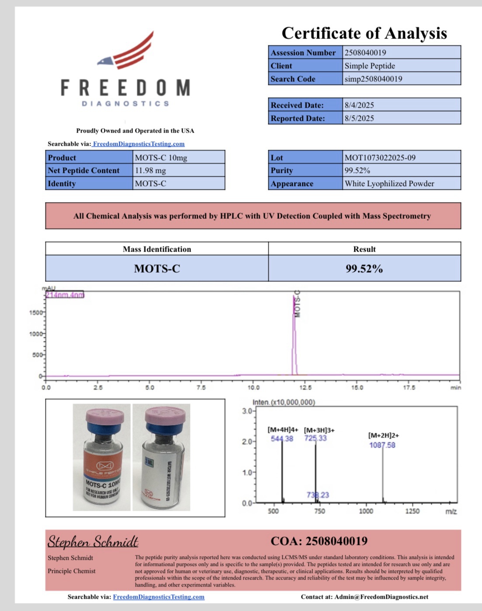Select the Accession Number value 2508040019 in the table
365,53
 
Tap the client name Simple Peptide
370,66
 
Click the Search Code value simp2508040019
373,79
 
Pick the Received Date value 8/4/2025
359,105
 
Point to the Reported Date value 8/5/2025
359,118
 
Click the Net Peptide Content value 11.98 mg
150,170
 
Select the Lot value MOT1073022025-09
380,158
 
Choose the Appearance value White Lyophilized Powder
389,183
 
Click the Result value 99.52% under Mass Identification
364,268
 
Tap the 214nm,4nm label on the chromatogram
65,295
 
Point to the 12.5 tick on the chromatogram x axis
305,387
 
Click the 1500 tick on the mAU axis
36,313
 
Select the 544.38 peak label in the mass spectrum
282,439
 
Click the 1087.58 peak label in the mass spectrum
382,445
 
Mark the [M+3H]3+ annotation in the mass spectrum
319,430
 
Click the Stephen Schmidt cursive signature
93,541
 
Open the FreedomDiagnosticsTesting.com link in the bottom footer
159,597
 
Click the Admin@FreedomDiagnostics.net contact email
381,597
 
